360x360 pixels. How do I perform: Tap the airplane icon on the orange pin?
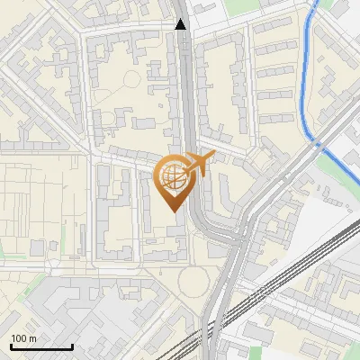(x=197, y=165)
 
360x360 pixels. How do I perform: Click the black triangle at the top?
(x=182, y=24)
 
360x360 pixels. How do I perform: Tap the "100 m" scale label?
(x=23, y=338)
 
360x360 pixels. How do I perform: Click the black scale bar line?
(x=41, y=347)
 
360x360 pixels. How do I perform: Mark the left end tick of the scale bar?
(x=11, y=346)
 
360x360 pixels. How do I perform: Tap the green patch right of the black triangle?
(x=237, y=8)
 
